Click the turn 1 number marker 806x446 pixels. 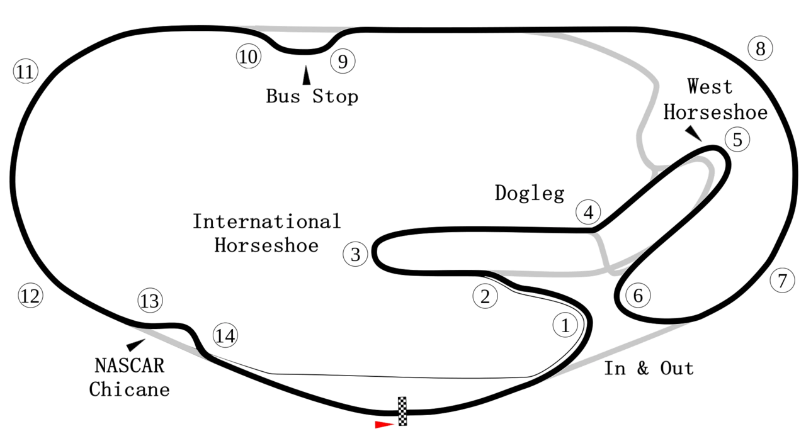click(565, 325)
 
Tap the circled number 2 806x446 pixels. click(485, 296)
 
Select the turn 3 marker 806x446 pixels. click(356, 255)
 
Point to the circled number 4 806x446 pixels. click(588, 213)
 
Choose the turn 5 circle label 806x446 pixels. click(737, 140)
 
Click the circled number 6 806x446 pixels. click(638, 295)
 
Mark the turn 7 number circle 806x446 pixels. click(782, 281)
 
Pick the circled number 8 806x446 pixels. click(760, 48)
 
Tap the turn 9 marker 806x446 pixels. click(343, 62)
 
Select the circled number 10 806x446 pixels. click(249, 57)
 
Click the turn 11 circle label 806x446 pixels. click(25, 72)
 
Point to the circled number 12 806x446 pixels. click(30, 295)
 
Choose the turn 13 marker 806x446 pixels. click(150, 301)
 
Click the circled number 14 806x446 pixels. click(225, 335)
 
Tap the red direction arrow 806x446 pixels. click(383, 425)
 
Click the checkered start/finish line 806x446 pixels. click(402, 411)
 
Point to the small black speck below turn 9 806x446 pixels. click(324, 93)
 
